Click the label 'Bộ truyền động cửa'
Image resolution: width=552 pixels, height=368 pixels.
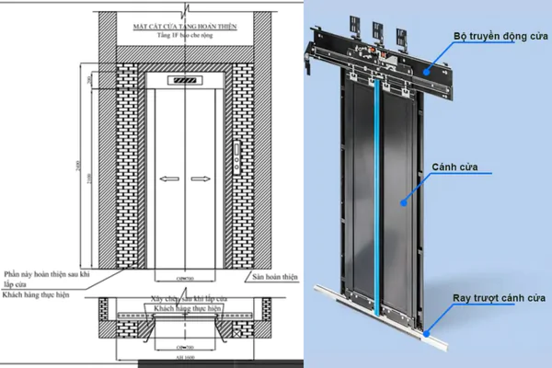500,37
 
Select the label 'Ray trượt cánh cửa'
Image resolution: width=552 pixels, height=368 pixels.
500,299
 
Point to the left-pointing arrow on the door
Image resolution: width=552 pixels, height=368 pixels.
167,178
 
